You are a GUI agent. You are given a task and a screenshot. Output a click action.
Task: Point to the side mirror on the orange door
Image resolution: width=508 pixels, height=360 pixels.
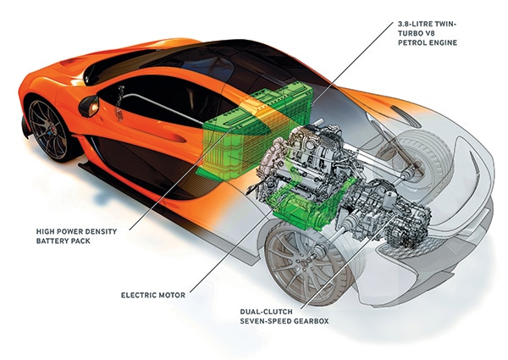[90, 106]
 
